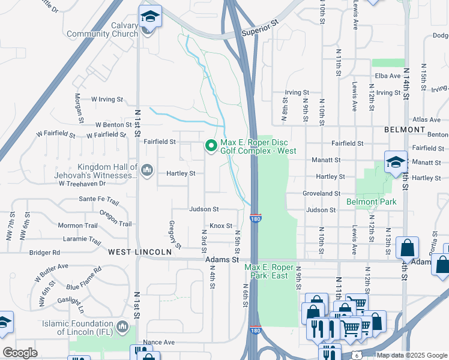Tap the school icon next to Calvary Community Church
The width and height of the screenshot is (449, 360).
149,16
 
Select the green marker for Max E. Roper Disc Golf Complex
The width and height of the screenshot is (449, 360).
211,146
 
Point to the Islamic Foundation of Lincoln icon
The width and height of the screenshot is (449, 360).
122,327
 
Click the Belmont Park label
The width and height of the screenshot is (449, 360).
371,202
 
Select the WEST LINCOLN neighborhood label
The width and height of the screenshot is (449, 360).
140,253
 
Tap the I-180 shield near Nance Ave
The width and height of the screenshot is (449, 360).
255,331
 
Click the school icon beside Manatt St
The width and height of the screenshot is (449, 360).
396,162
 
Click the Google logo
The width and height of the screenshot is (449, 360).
20,352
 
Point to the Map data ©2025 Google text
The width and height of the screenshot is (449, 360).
411,355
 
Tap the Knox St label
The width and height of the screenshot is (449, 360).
221,226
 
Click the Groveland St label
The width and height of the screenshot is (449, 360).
322,194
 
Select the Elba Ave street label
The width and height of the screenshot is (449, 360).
387,76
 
